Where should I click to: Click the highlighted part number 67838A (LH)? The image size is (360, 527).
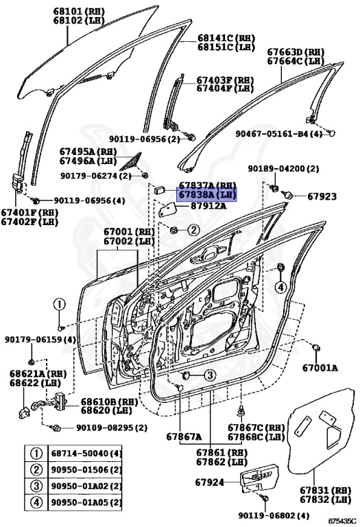point(207,195)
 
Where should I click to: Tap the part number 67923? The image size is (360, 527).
point(322,197)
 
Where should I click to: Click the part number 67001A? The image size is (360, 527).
point(320,368)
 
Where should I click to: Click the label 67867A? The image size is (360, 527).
point(183,436)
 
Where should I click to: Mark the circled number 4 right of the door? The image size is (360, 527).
point(280,288)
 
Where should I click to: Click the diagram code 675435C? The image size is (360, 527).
point(341,521)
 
